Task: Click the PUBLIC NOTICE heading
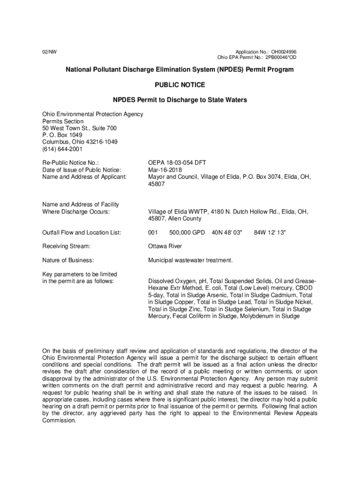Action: click(180, 85)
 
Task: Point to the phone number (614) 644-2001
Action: click(62, 149)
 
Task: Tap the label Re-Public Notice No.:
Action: click(71, 163)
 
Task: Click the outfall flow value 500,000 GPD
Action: click(187, 232)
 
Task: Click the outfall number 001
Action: click(153, 232)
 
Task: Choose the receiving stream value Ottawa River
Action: click(165, 246)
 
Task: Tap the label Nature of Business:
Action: click(68, 260)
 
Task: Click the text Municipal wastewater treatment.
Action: click(190, 260)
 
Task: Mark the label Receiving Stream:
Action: click(66, 246)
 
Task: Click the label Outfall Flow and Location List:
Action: click(82, 232)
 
